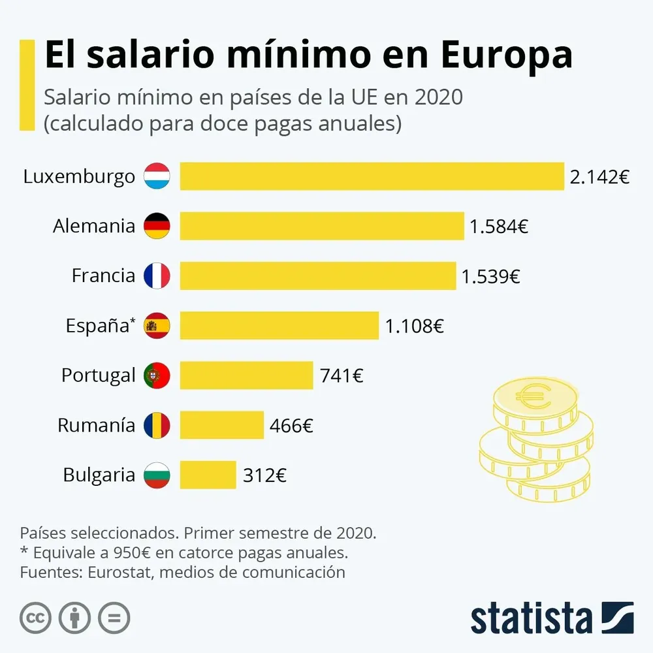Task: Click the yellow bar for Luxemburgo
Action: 372,176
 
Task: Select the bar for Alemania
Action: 321,226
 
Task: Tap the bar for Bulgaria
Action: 208,475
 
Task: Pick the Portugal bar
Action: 246,375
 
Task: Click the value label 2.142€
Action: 599,177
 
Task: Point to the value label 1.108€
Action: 414,326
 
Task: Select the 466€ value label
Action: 291,426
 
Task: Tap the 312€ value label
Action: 264,475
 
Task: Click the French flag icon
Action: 157,276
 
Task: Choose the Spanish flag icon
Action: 157,325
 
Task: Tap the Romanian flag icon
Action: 157,426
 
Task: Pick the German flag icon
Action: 157,226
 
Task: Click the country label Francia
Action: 103,276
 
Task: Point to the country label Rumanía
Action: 96,426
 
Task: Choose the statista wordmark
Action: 531,618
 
